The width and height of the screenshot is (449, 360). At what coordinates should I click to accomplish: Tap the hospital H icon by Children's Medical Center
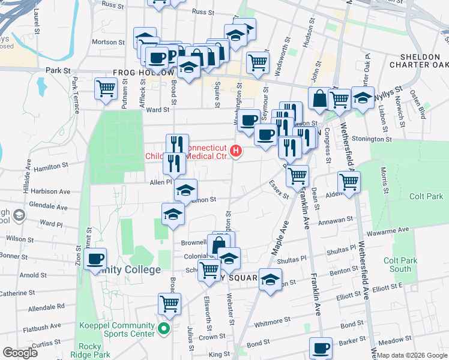pyautogui.click(x=237, y=151)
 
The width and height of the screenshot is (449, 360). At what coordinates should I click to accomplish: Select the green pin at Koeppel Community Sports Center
pyautogui.click(x=164, y=329)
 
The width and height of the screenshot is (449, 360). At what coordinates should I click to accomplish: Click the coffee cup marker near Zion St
pyautogui.click(x=95, y=259)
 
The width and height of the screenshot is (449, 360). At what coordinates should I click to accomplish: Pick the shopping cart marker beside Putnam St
pyautogui.click(x=106, y=88)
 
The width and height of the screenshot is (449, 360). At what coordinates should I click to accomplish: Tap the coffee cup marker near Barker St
pyautogui.click(x=321, y=347)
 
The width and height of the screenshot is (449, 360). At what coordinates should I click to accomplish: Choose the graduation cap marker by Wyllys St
pyautogui.click(x=363, y=97)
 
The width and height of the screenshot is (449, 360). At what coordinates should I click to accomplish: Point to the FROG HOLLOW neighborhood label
pyautogui.click(x=139, y=73)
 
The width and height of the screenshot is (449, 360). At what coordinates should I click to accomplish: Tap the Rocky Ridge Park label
pyautogui.click(x=90, y=350)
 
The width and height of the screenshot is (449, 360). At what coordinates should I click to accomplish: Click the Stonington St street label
pyautogui.click(x=371, y=139)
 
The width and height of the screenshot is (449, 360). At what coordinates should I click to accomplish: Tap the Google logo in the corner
pyautogui.click(x=20, y=352)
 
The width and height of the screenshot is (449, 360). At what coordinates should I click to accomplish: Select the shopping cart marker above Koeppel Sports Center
pyautogui.click(x=170, y=304)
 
